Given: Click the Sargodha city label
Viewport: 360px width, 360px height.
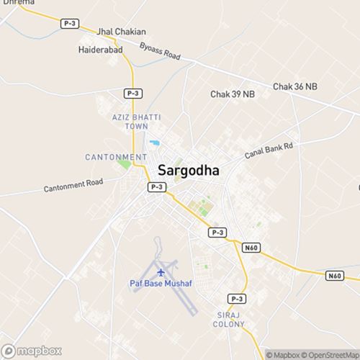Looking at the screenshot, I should (x=189, y=171).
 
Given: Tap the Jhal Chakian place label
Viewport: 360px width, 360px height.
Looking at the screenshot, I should (x=121, y=32).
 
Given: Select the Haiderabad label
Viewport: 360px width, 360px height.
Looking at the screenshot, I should (x=100, y=50).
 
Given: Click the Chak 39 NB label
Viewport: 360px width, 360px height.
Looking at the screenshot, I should (x=233, y=94).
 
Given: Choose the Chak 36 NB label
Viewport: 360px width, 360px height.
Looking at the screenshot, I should (x=295, y=86).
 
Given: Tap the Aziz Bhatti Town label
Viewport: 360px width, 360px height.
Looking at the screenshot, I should (x=130, y=121).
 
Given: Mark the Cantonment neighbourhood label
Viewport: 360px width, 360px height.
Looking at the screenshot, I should (x=116, y=156).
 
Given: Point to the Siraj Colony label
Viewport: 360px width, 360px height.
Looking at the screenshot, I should (x=231, y=320).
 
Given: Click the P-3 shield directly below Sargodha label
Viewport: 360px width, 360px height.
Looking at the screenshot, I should (x=157, y=187).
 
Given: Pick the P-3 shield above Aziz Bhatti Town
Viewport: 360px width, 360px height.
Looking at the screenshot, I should (x=132, y=94).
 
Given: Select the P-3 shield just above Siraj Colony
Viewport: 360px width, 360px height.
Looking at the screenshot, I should (x=237, y=298).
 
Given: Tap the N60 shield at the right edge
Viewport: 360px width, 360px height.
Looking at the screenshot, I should (x=334, y=275).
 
